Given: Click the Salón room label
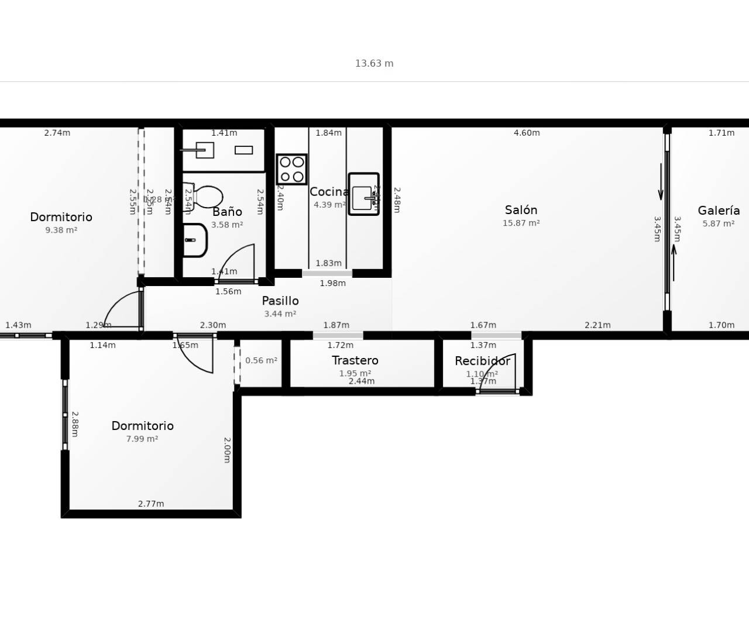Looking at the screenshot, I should (521, 210).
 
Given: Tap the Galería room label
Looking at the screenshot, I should (719, 211).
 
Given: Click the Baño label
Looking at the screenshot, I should (227, 212).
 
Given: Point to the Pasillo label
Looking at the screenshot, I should (280, 301).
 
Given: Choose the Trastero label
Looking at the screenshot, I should (355, 360).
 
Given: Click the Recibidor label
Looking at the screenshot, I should (482, 361).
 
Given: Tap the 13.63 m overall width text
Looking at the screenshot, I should (374, 63).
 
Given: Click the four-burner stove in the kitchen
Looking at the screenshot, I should (291, 169).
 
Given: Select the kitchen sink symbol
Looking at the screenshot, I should (363, 194).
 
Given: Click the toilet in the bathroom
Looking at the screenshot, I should (204, 197).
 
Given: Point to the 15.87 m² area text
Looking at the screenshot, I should (521, 223).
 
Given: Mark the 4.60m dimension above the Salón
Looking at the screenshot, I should (527, 133).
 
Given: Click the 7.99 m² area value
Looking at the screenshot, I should (142, 439).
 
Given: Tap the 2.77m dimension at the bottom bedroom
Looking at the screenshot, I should (151, 504).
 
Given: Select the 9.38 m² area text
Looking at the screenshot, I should (61, 230).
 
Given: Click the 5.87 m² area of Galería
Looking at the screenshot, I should (719, 223).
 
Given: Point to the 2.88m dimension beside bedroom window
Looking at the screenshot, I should (75, 424).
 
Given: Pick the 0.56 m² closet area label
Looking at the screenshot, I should (261, 360).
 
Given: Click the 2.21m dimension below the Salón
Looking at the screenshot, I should (597, 325).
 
